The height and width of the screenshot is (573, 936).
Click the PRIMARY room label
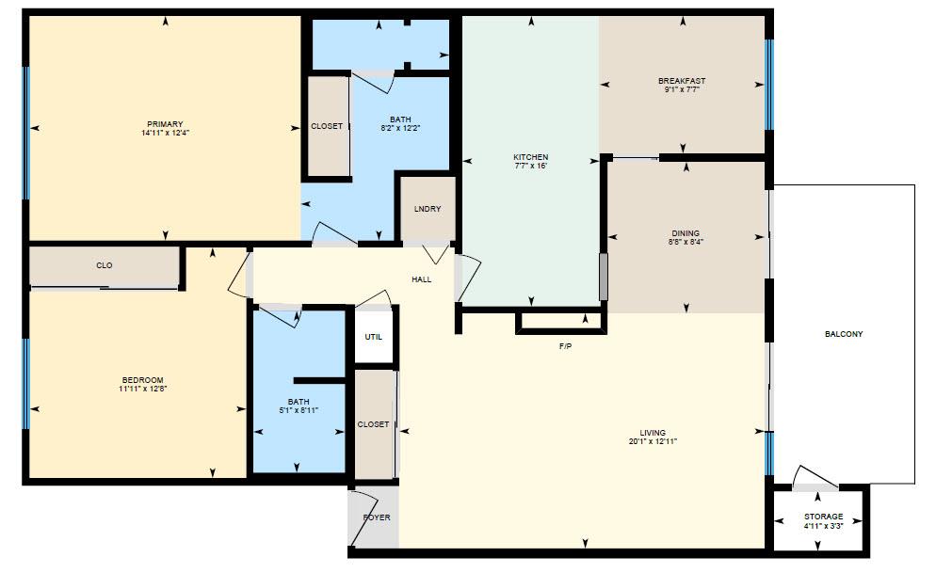click(164, 124)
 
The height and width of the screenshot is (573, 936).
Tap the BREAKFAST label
click(681, 81)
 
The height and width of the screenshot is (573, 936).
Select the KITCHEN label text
click(530, 157)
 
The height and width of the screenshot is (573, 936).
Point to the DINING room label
click(685, 233)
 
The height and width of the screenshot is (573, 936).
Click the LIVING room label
click(653, 433)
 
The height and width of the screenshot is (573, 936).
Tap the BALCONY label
click(843, 334)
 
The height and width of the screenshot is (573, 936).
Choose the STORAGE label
click(823, 517)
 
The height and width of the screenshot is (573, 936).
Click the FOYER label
click(377, 517)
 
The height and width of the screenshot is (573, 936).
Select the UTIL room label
click(374, 337)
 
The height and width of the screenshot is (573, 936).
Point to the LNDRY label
click(428, 209)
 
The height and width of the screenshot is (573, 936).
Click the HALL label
click(421, 279)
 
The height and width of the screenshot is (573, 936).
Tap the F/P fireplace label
click(565, 346)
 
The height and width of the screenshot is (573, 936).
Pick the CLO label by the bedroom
click(105, 265)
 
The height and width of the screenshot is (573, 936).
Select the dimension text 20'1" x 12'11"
click(653, 441)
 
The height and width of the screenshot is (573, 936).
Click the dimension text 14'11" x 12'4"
click(164, 133)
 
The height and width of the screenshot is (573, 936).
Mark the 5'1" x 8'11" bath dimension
click(299, 410)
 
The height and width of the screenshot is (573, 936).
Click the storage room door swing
click(807, 476)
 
